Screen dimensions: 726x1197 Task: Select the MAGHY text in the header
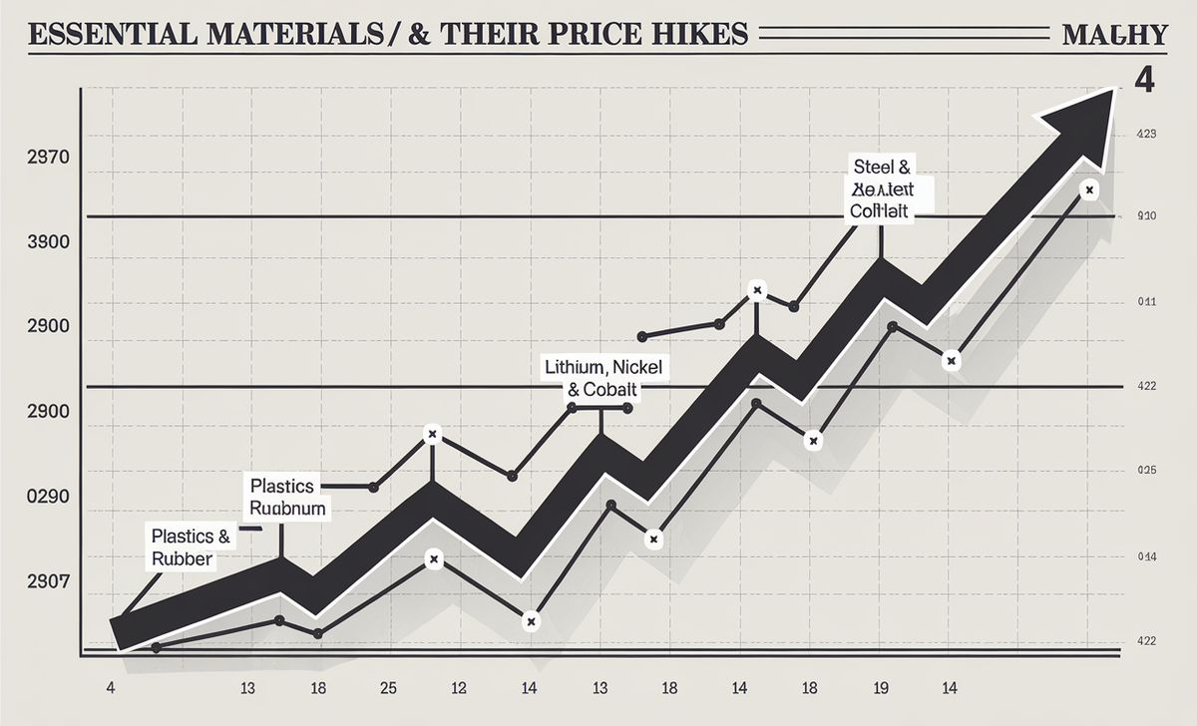1114,34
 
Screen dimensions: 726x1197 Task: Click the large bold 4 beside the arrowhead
1144,79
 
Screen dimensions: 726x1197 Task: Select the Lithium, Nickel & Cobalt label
602,378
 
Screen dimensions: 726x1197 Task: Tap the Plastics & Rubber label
190,547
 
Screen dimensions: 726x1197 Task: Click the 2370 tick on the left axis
48,158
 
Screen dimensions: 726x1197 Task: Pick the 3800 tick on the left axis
48,242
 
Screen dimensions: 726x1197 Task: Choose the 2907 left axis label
48,582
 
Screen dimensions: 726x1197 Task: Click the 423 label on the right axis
1145,133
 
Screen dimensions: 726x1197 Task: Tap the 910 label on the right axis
1145,215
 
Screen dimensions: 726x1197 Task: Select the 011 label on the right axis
1145,301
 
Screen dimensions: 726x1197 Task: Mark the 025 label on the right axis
1145,471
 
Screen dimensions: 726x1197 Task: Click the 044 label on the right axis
1145,555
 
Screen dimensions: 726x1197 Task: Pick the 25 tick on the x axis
388,688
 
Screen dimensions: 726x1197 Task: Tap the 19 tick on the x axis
881,688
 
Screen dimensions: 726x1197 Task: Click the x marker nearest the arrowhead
1089,189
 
